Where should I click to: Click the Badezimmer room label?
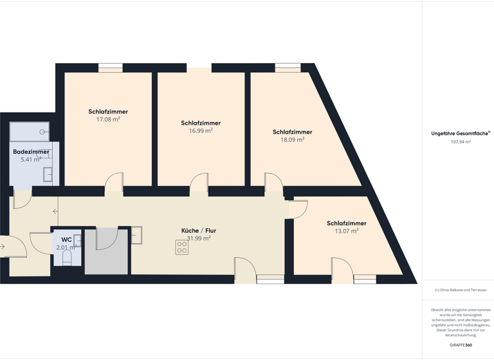click(x=31, y=152)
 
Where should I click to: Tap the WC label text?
click(x=66, y=239)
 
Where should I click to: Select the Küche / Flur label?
click(x=199, y=230)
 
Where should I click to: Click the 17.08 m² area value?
click(x=108, y=120)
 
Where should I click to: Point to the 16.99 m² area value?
click(x=201, y=130)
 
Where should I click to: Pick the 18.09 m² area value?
click(x=292, y=139)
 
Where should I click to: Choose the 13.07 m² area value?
click(x=346, y=231)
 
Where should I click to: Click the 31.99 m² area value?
click(x=199, y=239)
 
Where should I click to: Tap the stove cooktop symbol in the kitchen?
click(x=181, y=248)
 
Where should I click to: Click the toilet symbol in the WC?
click(x=67, y=257)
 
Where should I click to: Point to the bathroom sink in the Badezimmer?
click(x=48, y=174)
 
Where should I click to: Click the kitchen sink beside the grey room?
click(x=136, y=235)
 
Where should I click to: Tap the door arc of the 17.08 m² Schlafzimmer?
click(x=114, y=181)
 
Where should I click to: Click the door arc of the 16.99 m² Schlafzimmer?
click(x=199, y=182)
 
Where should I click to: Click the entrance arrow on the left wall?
click(x=3, y=246)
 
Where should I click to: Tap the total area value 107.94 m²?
click(x=461, y=141)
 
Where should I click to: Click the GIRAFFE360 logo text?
click(x=460, y=345)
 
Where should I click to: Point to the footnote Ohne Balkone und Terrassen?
click(x=461, y=291)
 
